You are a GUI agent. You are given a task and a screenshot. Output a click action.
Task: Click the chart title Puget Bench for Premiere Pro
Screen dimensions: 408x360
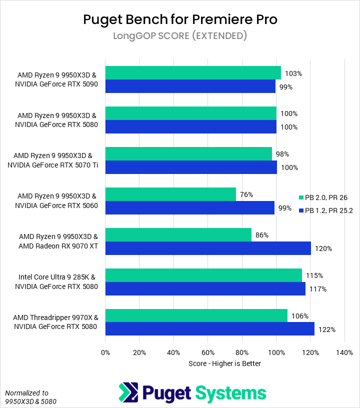pyautogui.click(x=180, y=19)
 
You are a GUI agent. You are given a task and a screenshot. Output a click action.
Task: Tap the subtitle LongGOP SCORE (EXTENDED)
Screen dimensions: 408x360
pyautogui.click(x=180, y=36)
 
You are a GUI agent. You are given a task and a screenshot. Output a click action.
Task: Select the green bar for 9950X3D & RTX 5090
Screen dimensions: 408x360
pyautogui.click(x=193, y=73)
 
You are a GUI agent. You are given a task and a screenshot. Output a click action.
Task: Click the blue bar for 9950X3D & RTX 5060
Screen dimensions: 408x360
pyautogui.click(x=190, y=207)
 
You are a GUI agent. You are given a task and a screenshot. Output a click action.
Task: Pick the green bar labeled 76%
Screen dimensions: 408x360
pyautogui.click(x=170, y=194)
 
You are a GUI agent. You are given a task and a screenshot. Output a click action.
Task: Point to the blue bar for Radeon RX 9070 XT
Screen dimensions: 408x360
pyautogui.click(x=208, y=248)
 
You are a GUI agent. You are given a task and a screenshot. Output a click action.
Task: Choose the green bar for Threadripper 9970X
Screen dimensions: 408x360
pyautogui.click(x=196, y=315)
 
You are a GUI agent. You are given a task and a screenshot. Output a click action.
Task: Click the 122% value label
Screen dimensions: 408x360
pyautogui.click(x=327, y=329)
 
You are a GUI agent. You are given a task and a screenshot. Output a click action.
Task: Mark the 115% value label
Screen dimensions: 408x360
pyautogui.click(x=314, y=275)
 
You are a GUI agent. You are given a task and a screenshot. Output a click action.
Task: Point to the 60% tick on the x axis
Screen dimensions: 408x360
pyautogui.click(x=208, y=352)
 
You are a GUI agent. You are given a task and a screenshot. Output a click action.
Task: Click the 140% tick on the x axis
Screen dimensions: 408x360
pyautogui.click(x=344, y=352)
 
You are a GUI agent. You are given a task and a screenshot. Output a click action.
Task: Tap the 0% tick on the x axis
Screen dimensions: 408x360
pyautogui.click(x=105, y=352)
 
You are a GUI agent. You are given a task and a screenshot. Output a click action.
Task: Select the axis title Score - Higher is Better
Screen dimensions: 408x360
pyautogui.click(x=224, y=363)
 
